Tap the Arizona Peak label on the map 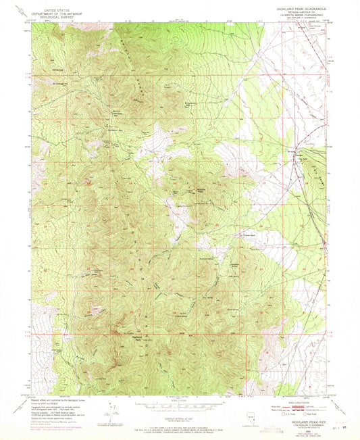pos(201,190)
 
